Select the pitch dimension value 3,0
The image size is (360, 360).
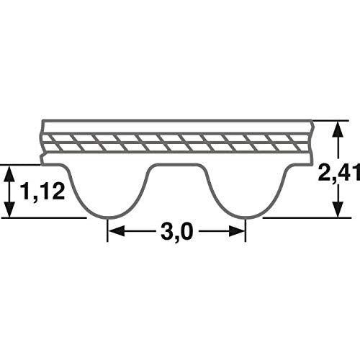176,232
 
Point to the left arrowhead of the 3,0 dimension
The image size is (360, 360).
114,232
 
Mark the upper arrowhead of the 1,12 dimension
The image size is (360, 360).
11,170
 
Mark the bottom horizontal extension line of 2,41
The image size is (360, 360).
302,218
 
